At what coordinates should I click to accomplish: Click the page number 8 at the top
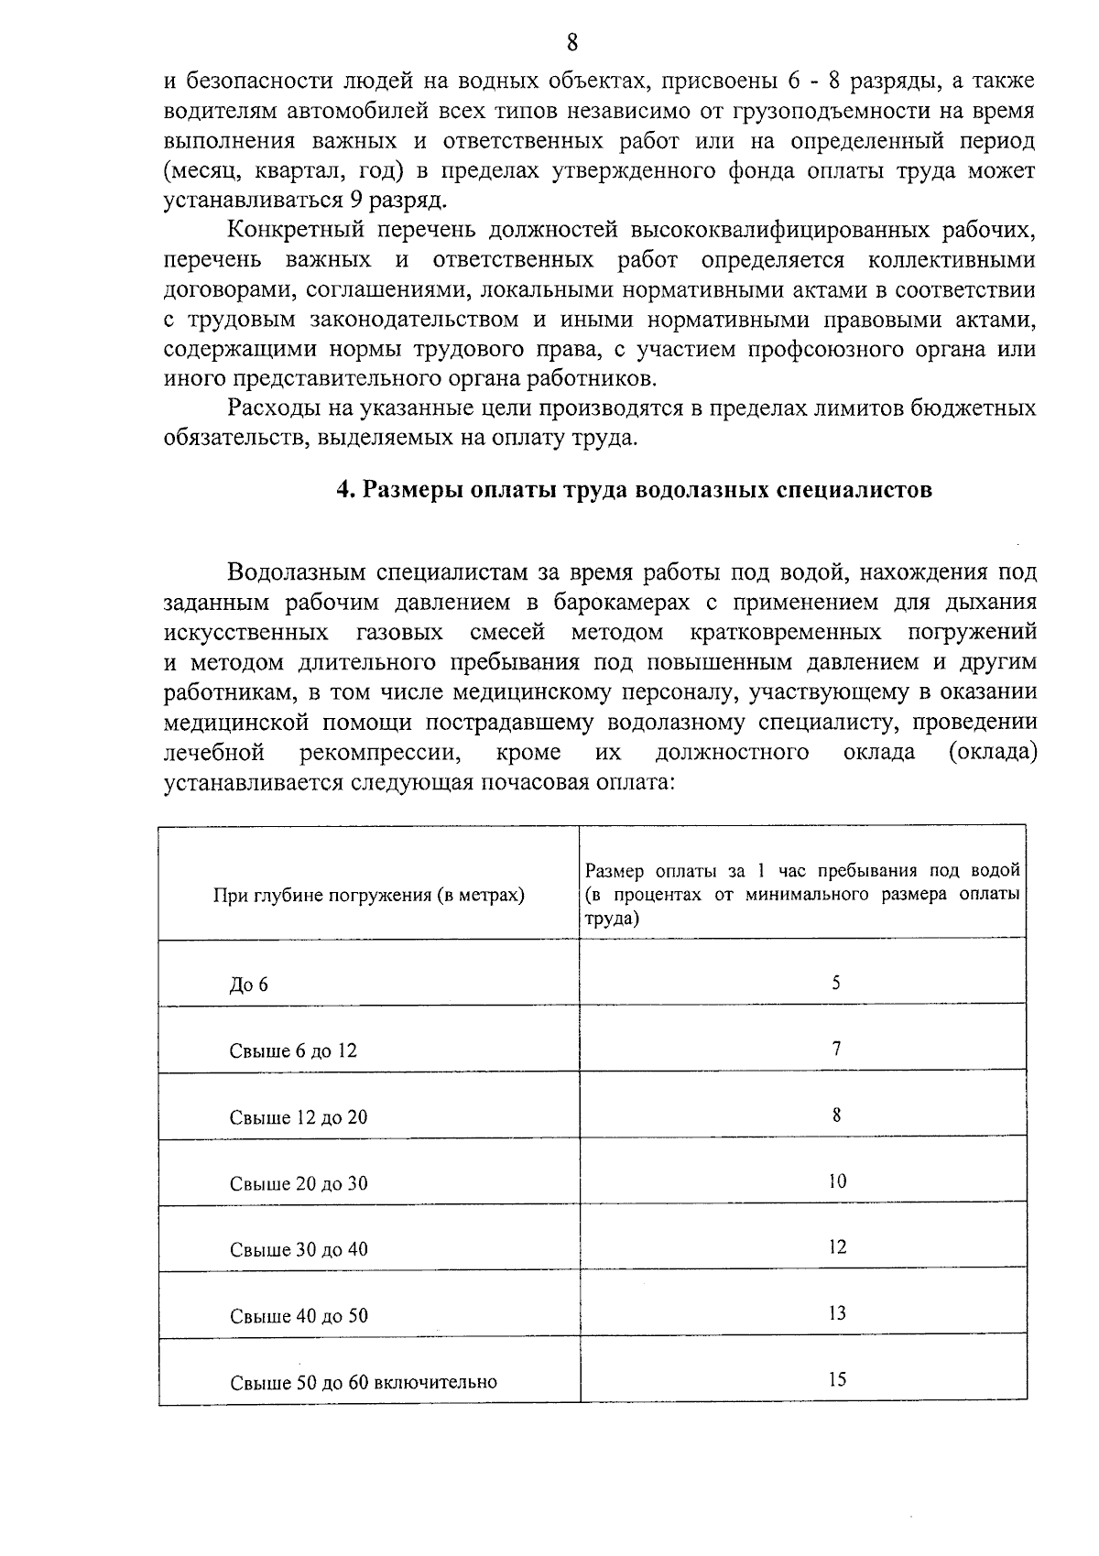click(572, 42)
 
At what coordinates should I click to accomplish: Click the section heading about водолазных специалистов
click(634, 490)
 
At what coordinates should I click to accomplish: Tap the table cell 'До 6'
click(248, 985)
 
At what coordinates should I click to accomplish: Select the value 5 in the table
click(836, 983)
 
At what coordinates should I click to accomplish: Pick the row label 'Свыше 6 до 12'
click(293, 1051)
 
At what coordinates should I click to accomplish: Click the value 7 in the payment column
click(836, 1049)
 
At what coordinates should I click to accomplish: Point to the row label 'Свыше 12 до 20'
click(299, 1117)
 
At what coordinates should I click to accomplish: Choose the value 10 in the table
click(837, 1181)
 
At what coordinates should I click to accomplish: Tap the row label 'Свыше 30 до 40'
click(299, 1250)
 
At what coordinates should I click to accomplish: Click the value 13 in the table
click(837, 1313)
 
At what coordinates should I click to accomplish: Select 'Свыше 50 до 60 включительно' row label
click(364, 1383)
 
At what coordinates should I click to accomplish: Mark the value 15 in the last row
click(837, 1380)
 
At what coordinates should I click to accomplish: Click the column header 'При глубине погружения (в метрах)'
click(368, 896)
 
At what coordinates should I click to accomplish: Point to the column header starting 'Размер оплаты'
click(802, 894)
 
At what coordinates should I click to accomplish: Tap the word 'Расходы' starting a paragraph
click(273, 408)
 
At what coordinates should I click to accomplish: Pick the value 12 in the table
click(837, 1247)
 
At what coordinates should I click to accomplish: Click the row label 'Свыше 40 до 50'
click(299, 1317)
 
